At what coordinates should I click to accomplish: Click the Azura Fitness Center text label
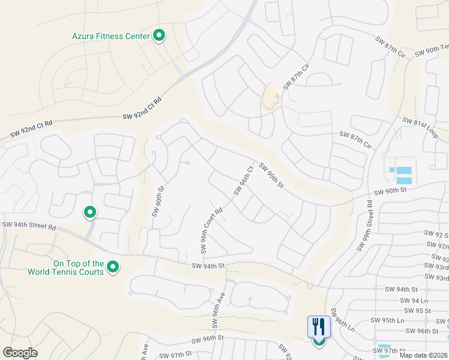point(110,36)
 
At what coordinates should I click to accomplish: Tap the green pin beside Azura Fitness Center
point(159,36)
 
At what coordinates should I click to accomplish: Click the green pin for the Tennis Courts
point(112,267)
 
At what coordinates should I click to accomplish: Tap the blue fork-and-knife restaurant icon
point(318,327)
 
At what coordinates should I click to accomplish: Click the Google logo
point(20,353)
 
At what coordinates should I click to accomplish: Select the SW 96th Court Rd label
point(211,230)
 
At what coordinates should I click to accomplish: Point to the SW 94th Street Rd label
point(29,226)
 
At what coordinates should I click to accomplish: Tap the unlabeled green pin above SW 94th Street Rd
point(90,212)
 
